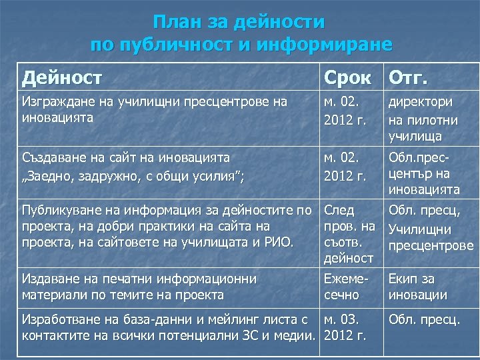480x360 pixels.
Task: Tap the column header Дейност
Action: tap(62, 78)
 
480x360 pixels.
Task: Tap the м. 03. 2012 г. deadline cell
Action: tap(345, 327)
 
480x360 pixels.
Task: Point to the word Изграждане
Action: tap(54, 102)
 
